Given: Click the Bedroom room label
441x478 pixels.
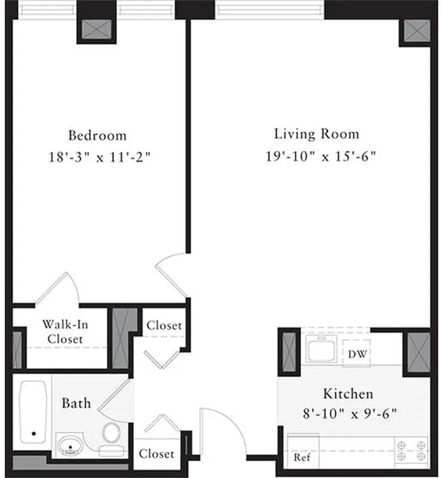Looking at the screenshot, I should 97,135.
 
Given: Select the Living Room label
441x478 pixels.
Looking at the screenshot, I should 316,133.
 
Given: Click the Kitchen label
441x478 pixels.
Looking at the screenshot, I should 348,394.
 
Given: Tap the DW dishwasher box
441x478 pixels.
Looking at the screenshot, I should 357,353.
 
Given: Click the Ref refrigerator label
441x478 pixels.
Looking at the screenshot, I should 301,458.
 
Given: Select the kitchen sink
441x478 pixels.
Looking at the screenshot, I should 322,348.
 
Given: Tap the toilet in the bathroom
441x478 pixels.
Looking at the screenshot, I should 111,436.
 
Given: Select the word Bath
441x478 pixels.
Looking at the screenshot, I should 76,403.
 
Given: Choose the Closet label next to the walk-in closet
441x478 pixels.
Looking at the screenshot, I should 164,326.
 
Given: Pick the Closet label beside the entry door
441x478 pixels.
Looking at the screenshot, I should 156,454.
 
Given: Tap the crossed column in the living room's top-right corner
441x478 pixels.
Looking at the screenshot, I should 417,30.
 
